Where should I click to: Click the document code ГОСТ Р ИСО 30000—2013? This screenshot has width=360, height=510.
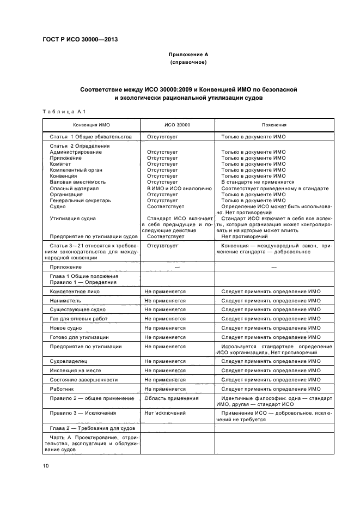tap(80, 39)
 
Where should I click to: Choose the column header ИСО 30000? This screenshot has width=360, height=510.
tap(177, 125)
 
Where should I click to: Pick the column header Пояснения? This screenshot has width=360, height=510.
tap(270, 125)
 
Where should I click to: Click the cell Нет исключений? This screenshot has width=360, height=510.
tap(165, 413)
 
